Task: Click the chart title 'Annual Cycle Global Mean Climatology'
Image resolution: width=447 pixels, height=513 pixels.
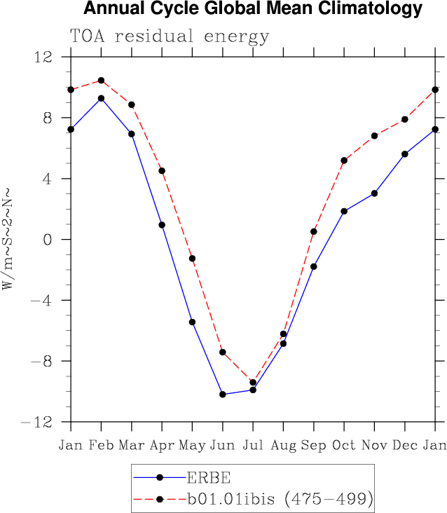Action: (x=253, y=9)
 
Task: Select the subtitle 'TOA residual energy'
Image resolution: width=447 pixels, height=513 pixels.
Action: (x=169, y=36)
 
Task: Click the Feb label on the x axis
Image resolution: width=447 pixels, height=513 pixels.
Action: (x=101, y=446)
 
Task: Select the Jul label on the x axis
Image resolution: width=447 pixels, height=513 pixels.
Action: (x=253, y=446)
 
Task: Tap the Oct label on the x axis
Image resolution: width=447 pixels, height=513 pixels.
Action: (x=344, y=446)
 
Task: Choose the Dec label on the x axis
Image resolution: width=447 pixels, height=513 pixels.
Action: (x=405, y=446)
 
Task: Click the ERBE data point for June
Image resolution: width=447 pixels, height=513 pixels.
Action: (x=223, y=395)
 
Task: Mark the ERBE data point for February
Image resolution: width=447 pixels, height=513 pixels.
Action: (x=101, y=98)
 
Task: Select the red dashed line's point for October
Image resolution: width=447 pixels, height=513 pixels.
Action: (x=344, y=160)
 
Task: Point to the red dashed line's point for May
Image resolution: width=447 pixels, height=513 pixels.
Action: (x=192, y=259)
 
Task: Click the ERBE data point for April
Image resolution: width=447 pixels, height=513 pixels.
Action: (x=162, y=225)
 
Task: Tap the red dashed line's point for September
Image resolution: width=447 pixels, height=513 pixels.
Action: (x=314, y=231)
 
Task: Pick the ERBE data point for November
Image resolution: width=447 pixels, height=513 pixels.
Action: (x=374, y=193)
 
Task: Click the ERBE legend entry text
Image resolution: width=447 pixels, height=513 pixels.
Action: (x=207, y=478)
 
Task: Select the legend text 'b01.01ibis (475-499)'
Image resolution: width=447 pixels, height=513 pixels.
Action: (x=279, y=499)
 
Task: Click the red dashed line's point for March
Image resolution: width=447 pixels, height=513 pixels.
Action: (x=131, y=104)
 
